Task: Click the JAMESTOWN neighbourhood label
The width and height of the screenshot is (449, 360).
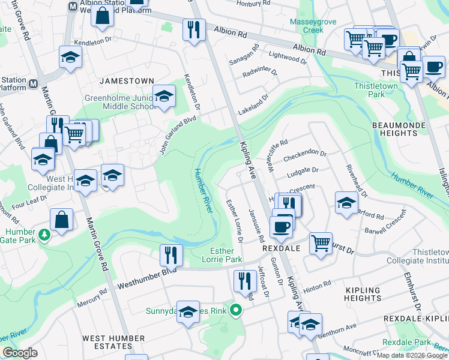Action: pos(127,80)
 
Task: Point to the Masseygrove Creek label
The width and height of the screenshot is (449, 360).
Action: pos(306,26)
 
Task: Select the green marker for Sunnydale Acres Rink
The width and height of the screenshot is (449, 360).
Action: pos(237,311)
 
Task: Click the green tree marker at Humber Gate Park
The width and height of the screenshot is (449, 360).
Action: pos(44,235)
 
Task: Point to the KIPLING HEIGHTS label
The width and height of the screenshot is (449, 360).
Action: pos(363,295)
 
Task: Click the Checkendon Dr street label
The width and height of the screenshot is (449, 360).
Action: pos(305,155)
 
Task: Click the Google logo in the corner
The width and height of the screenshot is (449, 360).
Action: pos(20,353)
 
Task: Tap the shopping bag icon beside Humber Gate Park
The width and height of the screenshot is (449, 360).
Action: pos(62,220)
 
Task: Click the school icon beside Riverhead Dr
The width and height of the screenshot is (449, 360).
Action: pos(346,202)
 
